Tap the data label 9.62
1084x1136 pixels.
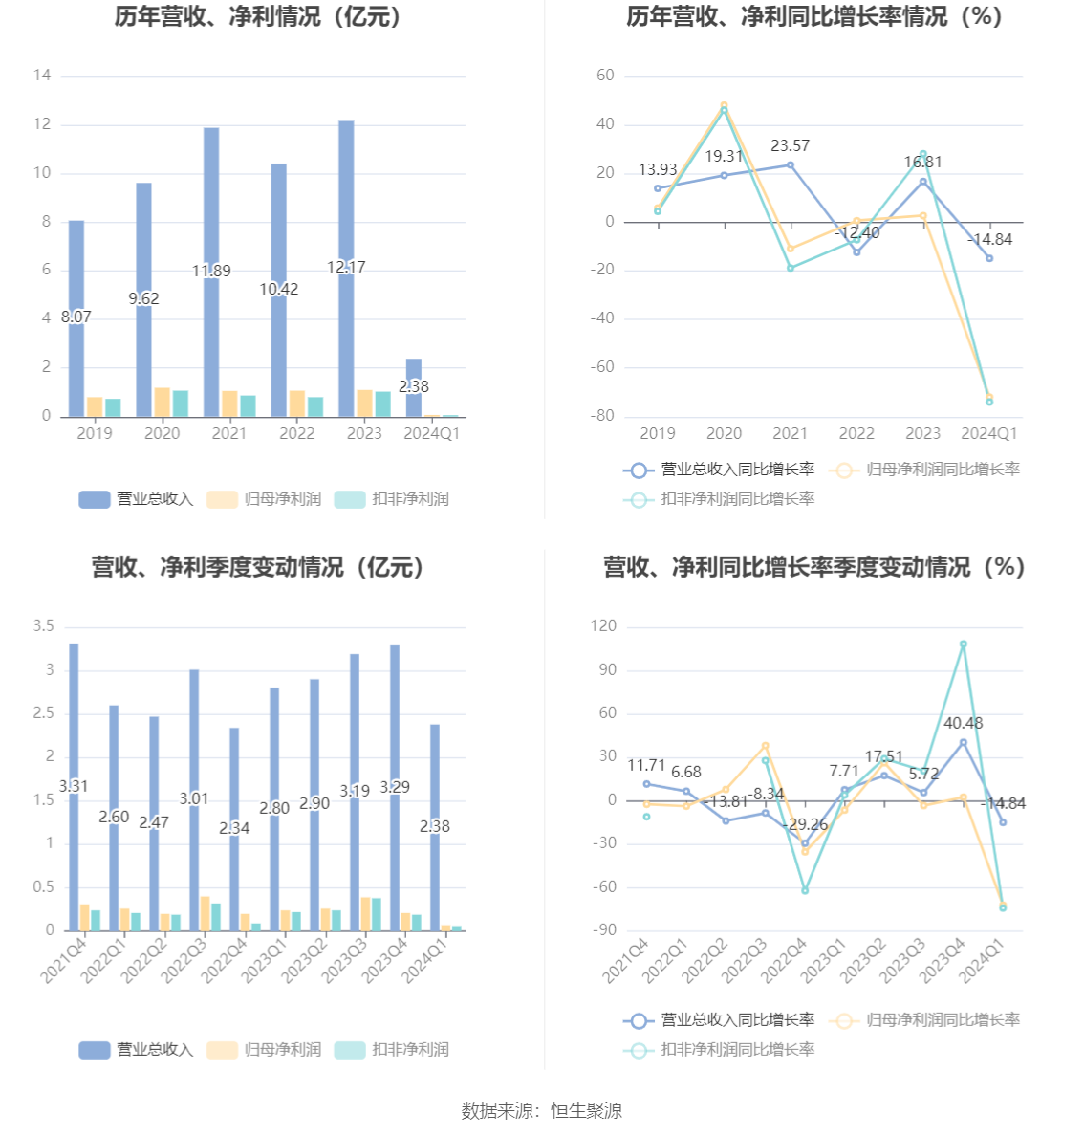pos(143,298)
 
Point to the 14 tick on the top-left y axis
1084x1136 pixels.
pos(41,76)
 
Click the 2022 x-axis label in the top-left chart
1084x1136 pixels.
pos(296,433)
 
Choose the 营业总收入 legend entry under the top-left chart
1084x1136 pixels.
pos(136,499)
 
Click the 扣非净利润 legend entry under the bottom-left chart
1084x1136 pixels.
pos(392,1050)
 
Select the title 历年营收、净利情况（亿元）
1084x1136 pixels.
pos(258,17)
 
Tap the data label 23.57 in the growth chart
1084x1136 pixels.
pos(790,145)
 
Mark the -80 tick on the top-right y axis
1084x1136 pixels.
pos(602,416)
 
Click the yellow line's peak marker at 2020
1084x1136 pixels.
pos(724,105)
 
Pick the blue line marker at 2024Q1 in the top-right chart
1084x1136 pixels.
pos(989,258)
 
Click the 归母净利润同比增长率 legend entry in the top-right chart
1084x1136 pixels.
pos(925,470)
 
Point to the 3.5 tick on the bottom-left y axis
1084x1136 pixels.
pos(44,626)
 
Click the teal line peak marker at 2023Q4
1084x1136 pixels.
pos(964,644)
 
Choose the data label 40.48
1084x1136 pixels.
pos(963,723)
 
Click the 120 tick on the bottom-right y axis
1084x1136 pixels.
pos(604,626)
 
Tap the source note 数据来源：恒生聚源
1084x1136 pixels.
pos(541,1110)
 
